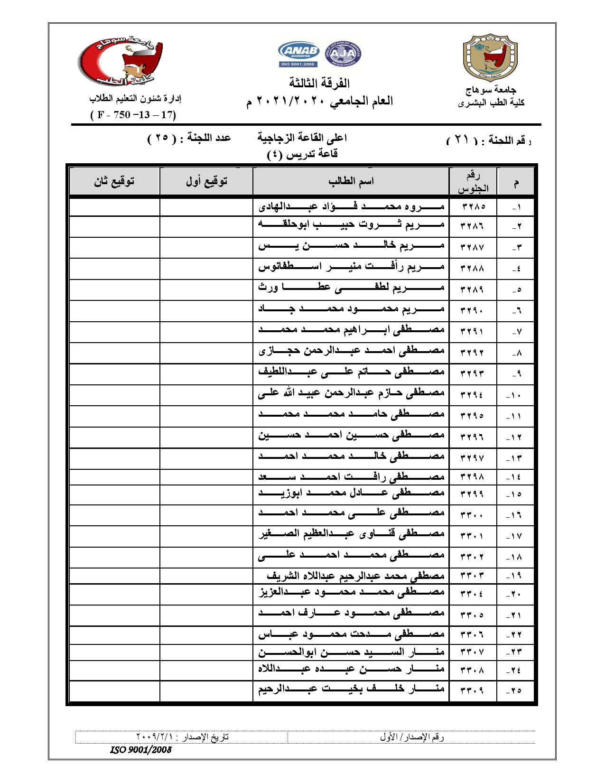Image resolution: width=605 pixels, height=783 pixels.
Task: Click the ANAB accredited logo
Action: [x=299, y=52]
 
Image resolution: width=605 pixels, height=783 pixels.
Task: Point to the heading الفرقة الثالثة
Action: [x=319, y=84]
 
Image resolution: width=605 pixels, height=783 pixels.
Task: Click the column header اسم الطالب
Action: [x=351, y=181]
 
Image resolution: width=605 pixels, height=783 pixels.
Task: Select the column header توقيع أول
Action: [x=206, y=181]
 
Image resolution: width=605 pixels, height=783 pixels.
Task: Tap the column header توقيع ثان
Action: [x=114, y=181]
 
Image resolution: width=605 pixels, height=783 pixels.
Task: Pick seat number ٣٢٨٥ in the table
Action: [x=472, y=207]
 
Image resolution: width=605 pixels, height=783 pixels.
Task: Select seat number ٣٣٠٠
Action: [x=472, y=515]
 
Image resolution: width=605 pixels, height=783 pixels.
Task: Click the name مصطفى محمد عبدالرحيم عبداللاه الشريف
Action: [x=355, y=576]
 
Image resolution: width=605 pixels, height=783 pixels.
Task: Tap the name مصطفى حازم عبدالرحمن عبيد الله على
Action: [x=352, y=393]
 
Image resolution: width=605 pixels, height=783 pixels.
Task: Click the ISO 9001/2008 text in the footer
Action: [x=140, y=750]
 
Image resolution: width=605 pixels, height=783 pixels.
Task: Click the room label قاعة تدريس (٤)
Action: [x=302, y=154]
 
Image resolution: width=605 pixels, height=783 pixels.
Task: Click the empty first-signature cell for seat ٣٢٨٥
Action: [x=206, y=207]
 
